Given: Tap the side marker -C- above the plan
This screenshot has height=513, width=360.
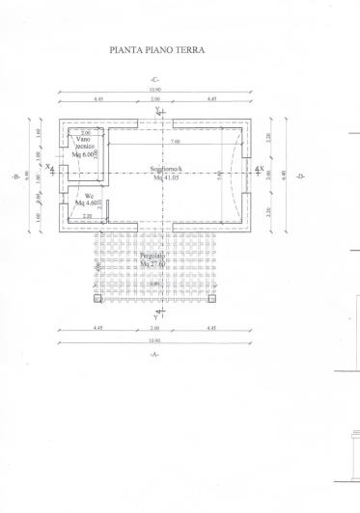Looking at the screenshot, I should pyautogui.click(x=154, y=78).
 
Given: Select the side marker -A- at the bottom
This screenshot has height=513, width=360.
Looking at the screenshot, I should pyautogui.click(x=154, y=356).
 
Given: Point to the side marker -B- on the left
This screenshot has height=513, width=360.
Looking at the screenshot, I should pyautogui.click(x=14, y=177).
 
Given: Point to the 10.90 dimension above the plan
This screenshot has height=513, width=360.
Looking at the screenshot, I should pyautogui.click(x=154, y=91).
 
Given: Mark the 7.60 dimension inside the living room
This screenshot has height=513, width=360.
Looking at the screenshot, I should pyautogui.click(x=174, y=141).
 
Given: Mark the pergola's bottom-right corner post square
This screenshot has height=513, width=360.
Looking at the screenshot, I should pyautogui.click(x=211, y=296).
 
